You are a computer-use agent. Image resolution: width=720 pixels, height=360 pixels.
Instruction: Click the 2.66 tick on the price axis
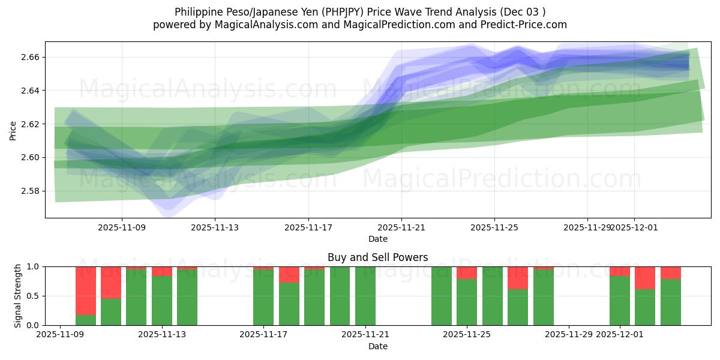pyautogui.click(x=30, y=57)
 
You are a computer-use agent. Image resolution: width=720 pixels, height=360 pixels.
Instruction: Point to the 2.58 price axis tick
pyautogui.click(x=30, y=191)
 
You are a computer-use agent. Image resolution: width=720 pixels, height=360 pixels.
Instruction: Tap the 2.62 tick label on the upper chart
pyautogui.click(x=30, y=124)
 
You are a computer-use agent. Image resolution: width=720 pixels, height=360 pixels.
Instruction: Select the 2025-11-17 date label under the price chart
pyautogui.click(x=308, y=228)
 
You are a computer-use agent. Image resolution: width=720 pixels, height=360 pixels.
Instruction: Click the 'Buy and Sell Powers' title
pyautogui.click(x=377, y=257)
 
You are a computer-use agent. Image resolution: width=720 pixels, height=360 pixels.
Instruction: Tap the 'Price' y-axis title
pyautogui.click(x=13, y=130)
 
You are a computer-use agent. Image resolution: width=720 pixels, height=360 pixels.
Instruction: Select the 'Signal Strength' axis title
pyautogui.click(x=18, y=296)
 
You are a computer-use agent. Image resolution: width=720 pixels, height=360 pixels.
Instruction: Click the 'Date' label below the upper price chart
pyautogui.click(x=377, y=239)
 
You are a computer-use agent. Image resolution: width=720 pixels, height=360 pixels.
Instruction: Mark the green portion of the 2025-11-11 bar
pyautogui.click(x=111, y=312)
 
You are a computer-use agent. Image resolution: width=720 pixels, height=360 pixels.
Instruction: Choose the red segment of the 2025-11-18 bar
pyautogui.click(x=289, y=275)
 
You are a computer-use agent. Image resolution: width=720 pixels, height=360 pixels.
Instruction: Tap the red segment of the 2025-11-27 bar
pyautogui.click(x=517, y=278)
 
